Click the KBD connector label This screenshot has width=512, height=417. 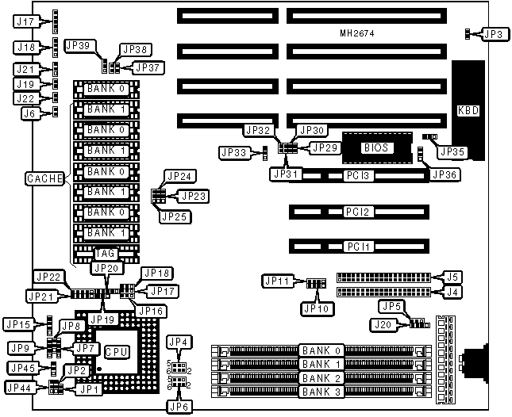468,110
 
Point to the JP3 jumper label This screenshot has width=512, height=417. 493,34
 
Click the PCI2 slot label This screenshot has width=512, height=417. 356,212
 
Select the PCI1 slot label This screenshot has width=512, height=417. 356,247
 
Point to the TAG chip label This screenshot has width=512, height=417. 106,253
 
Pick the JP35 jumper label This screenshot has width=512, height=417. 452,151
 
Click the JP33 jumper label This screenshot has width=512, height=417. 233,152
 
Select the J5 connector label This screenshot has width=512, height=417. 451,277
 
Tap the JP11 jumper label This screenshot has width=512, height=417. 278,281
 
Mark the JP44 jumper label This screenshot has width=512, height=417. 19,388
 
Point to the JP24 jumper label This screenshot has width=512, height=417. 178,176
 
